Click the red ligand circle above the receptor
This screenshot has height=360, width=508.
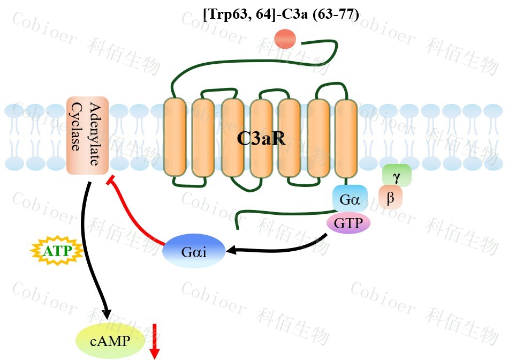coord(285,38)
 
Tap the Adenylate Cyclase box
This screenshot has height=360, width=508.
coord(88,136)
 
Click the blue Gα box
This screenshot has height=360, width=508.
coord(350,200)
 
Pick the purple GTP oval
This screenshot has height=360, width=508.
coord(348,223)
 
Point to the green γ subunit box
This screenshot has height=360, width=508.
coord(397,176)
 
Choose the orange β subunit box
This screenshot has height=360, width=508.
coord(390,198)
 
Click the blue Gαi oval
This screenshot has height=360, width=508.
coord(194,251)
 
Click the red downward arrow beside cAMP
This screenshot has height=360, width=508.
coord(155,341)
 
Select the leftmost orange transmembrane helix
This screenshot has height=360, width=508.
coord(175,138)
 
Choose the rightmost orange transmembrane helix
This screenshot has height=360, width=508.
coord(346,138)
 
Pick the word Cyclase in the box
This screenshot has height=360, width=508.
coord(79,136)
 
